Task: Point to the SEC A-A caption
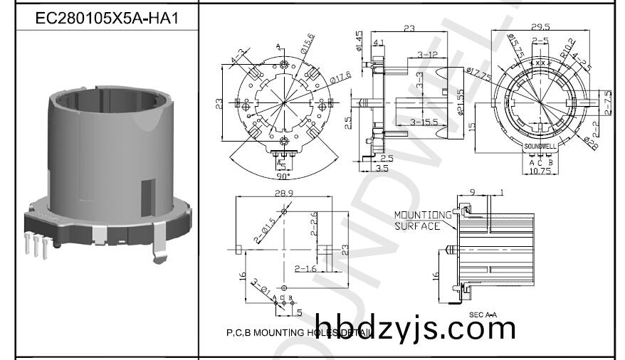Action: pyautogui.click(x=483, y=314)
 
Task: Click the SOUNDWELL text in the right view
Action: pyautogui.click(x=540, y=146)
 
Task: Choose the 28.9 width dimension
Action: pyautogui.click(x=283, y=194)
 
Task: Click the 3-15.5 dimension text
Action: pyautogui.click(x=424, y=122)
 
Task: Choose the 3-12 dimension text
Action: pyautogui.click(x=426, y=54)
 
